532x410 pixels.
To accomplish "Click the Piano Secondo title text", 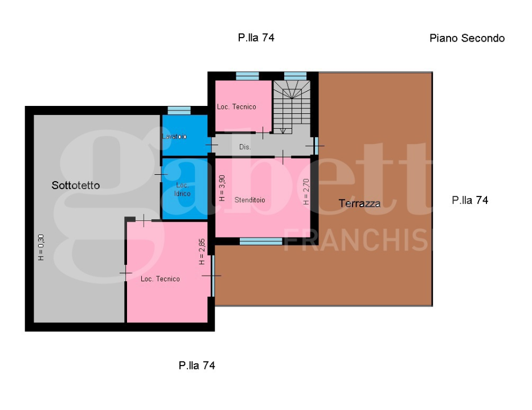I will coord(466,38).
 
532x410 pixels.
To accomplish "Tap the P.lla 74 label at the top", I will coord(256,38).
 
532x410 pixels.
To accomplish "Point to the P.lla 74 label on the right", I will coord(470,200).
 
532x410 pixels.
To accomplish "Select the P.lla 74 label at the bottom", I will coord(197,366).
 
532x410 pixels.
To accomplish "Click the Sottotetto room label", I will coord(76,185).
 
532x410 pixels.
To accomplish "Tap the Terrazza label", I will coord(359,203).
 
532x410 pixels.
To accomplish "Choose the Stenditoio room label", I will coord(249,200).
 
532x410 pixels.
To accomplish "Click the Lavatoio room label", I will coord(175,137).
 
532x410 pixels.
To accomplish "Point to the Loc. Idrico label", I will coord(182,190).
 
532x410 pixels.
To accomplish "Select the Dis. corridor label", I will coord(245,147).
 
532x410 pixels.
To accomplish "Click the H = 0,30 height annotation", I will coord(41,248).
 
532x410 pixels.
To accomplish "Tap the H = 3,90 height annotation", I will coord(222,188).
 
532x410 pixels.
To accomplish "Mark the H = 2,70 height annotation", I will coord(306,192).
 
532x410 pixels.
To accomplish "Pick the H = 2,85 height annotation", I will coord(202,251).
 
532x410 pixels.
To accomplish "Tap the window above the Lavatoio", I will coord(179,110).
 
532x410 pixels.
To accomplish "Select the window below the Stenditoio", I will coord(261,241).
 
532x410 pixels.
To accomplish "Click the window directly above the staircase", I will coord(295,76).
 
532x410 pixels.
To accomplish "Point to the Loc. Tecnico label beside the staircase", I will coord(236,106).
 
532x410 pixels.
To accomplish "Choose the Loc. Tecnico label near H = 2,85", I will coord(160,279).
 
